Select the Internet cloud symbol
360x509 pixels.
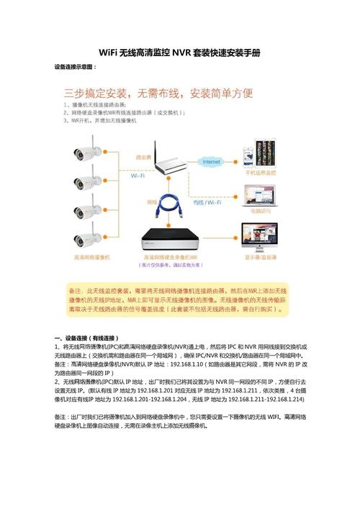click(x=211, y=163)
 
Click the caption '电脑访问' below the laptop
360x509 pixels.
click(x=261, y=212)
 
